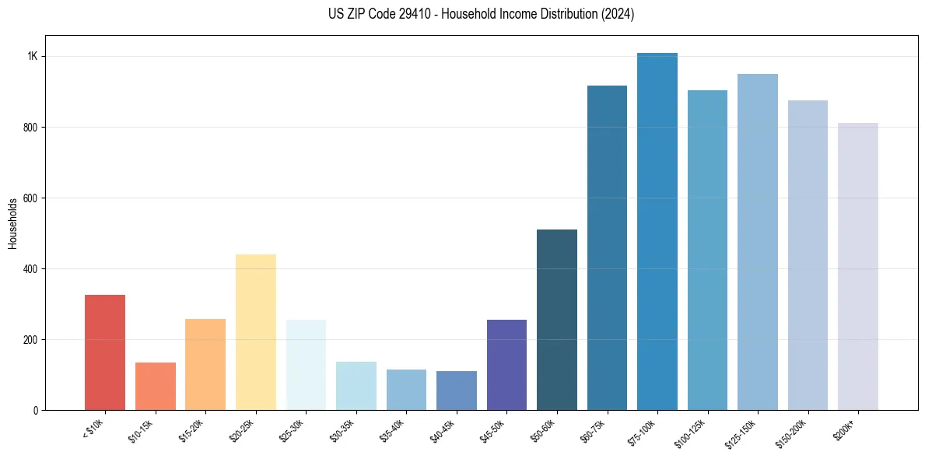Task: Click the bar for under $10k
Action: [x=105, y=352]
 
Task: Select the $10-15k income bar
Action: [x=156, y=386]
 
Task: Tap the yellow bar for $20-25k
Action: [x=256, y=332]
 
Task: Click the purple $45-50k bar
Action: [x=506, y=365]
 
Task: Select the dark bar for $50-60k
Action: [x=557, y=320]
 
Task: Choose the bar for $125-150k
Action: [x=758, y=242]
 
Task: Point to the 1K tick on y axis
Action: [x=33, y=57]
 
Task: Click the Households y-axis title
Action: [x=12, y=223]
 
